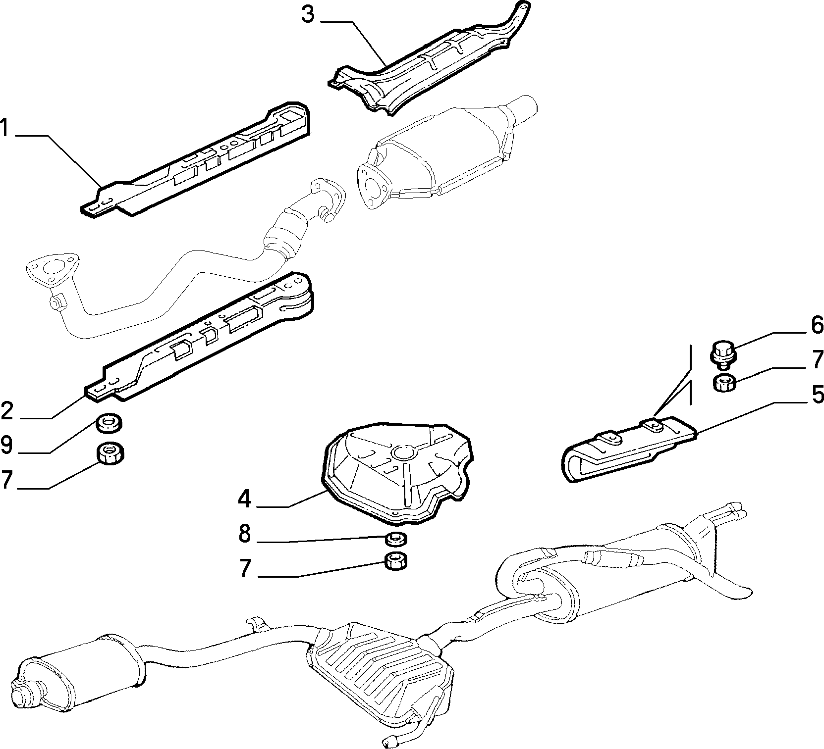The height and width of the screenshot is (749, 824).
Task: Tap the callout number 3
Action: point(308,14)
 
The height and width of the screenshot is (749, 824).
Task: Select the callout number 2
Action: point(7,410)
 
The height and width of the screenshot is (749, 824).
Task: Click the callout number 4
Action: point(244,499)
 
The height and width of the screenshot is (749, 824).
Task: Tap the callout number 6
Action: point(817,325)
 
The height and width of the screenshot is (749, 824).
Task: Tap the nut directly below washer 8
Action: point(396,562)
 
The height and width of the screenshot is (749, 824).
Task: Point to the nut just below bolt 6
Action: point(724,383)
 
